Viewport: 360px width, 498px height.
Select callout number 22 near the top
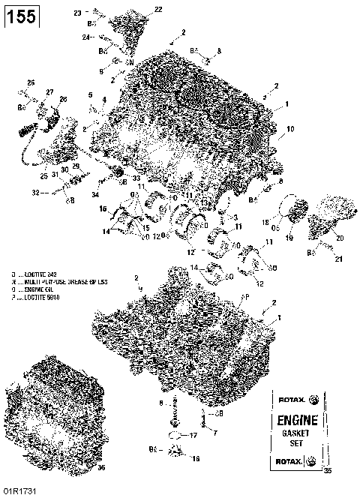[x=157, y=9]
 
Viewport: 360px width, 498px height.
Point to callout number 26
[x=31, y=82]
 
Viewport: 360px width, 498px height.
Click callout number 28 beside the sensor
[x=63, y=99]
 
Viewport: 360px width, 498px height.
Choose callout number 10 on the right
[x=290, y=129]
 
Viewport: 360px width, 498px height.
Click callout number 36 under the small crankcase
[x=102, y=467]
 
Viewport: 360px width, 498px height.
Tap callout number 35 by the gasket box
[x=326, y=471]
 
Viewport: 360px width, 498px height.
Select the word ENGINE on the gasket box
[x=298, y=420]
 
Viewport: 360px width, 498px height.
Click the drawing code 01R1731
[x=21, y=490]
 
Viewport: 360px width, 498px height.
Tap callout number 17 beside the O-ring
[x=193, y=435]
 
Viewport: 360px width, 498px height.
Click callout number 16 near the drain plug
[x=196, y=457]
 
